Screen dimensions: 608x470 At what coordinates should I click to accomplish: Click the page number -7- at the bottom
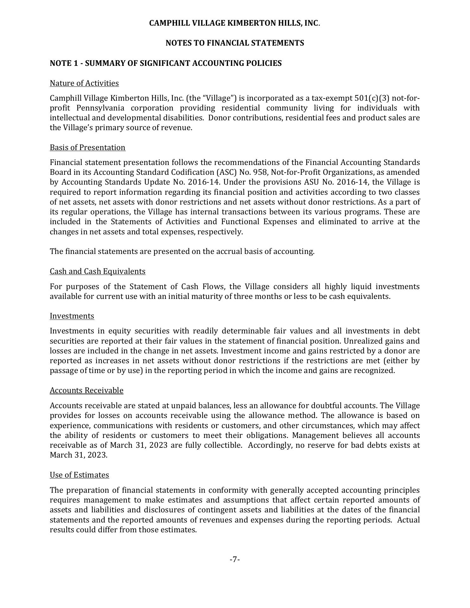pos(235,560)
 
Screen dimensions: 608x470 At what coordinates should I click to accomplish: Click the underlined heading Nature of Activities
pos(84,83)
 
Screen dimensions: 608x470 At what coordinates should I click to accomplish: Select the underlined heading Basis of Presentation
pos(87,148)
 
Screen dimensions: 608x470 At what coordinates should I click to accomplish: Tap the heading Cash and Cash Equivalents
pos(98,271)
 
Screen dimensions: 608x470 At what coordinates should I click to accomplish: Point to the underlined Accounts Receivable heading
pos(86,390)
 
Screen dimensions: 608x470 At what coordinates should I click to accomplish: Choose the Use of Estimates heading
pos(79,475)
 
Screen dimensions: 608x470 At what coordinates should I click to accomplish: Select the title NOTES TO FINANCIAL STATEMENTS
pos(235,43)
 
